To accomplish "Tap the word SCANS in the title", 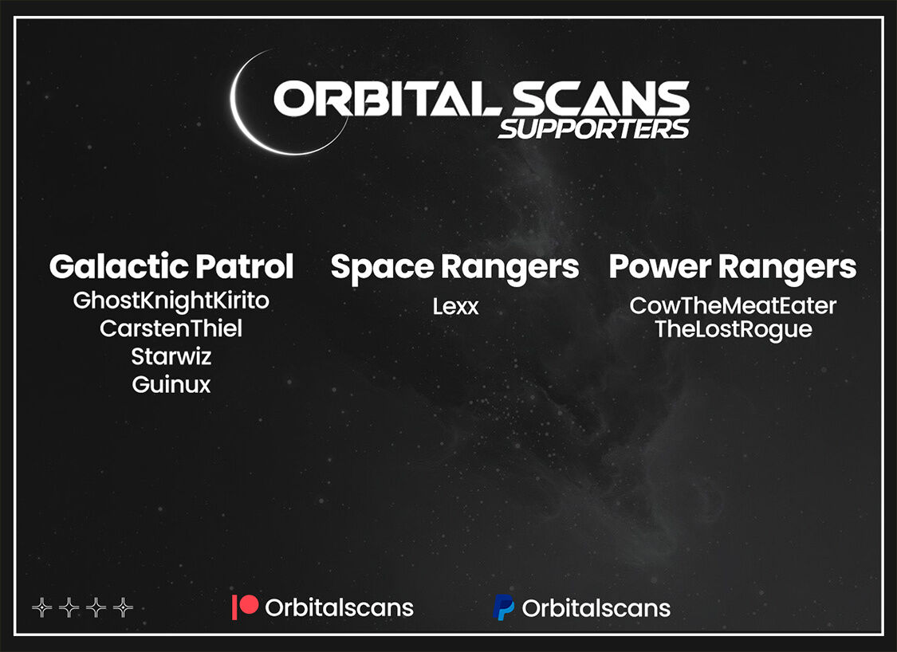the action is coord(600,98).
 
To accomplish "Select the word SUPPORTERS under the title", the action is coord(594,128).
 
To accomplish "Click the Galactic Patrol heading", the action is coord(171,266).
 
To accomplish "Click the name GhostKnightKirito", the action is coord(171,300).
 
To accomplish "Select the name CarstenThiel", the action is coord(171,328).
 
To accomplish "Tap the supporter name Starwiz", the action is coord(171,356).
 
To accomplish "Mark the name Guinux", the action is coord(171,384).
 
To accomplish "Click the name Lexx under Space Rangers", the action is coord(455,307).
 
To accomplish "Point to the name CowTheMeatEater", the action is coord(733,306).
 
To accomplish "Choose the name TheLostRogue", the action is coord(733,330).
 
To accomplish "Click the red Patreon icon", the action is coord(245,607).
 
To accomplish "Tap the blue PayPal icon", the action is coord(503,607).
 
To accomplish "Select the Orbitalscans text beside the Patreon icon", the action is coord(339,607).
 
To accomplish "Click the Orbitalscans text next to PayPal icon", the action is coord(596,608).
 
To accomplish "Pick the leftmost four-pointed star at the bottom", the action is coord(41,607).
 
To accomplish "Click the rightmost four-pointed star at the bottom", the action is coord(123,607).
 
